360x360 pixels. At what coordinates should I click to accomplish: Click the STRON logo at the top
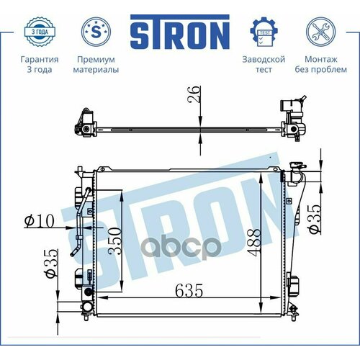pyautogui.click(x=179, y=32)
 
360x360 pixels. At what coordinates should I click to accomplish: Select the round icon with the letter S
pyautogui.click(x=97, y=32)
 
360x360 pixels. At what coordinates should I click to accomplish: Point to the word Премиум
pyautogui.click(x=97, y=58)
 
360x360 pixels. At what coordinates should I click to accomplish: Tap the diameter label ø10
pyautogui.click(x=39, y=222)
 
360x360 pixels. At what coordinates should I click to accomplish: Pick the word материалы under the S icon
pyautogui.click(x=97, y=70)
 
